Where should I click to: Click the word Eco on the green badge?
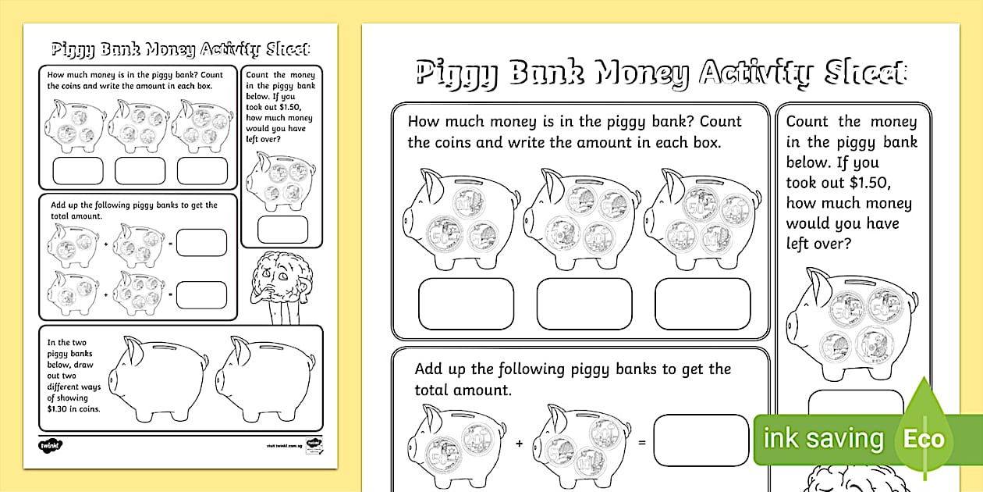point(924,439)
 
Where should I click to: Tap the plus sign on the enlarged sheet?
point(520,443)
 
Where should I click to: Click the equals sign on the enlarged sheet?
point(643,443)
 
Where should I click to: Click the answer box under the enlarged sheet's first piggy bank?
point(466,304)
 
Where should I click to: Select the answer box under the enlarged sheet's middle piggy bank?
point(584,304)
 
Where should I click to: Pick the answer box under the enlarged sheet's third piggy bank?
point(702,304)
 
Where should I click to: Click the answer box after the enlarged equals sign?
point(701,440)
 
